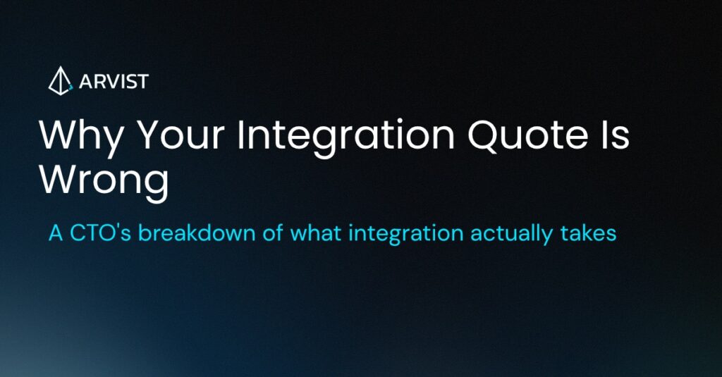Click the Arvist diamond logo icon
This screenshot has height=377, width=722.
[x=61, y=81]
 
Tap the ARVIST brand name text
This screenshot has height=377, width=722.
[x=114, y=82]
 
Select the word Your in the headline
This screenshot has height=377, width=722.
[x=182, y=135]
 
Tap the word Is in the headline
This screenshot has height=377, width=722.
[x=614, y=135]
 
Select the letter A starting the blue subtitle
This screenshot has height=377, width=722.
[x=56, y=233]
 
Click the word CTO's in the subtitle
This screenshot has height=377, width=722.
[x=101, y=233]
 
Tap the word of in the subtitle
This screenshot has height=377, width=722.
[x=273, y=233]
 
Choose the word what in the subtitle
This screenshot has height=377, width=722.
[x=315, y=233]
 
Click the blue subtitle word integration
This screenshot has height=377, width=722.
[x=405, y=234]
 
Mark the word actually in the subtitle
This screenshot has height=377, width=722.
[x=511, y=234]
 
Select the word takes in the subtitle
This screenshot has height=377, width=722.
[x=588, y=233]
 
